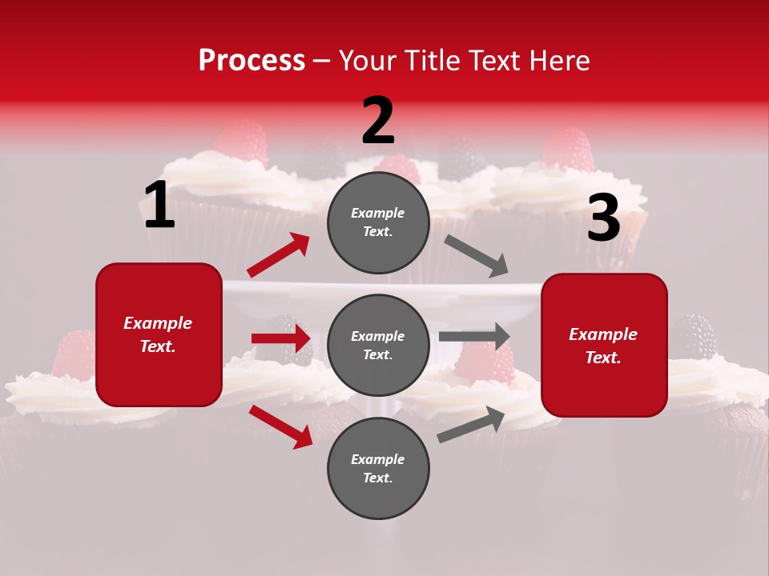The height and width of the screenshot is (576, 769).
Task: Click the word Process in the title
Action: click(x=252, y=60)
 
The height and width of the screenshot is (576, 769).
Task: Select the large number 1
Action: click(x=159, y=206)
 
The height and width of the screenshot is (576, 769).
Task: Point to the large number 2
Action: click(x=378, y=122)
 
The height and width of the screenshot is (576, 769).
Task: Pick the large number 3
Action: click(x=603, y=218)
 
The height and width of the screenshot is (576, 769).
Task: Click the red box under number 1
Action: click(x=159, y=334)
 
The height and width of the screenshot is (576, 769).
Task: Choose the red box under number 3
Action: click(x=604, y=345)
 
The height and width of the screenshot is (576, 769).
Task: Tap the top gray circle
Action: click(x=378, y=222)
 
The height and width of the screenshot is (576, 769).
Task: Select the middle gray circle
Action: click(x=378, y=345)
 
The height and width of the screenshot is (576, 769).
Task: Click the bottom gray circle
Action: click(x=378, y=468)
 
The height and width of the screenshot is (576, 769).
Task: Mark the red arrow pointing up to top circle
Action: click(x=279, y=255)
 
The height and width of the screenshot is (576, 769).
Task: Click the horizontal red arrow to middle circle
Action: click(x=281, y=338)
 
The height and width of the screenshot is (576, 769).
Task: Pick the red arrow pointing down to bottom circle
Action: click(x=280, y=426)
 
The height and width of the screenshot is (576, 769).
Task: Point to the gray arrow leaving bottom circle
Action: click(x=471, y=425)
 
